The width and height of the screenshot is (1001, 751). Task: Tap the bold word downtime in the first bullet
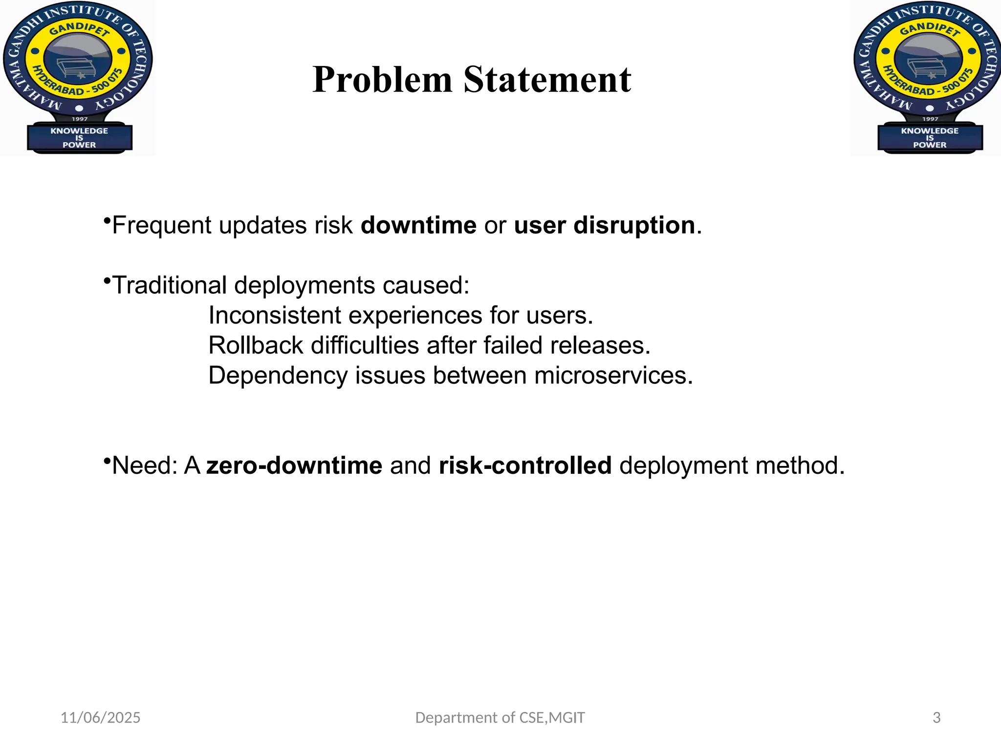tap(418, 225)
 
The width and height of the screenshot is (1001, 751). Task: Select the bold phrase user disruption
tap(605, 225)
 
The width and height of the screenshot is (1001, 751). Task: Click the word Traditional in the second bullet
tap(170, 285)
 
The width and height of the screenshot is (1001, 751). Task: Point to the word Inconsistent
tap(274, 315)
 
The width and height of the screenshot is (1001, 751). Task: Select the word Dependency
tap(277, 376)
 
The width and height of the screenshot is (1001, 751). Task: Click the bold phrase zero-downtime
tap(294, 465)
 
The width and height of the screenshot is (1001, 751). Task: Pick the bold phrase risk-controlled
tap(525, 465)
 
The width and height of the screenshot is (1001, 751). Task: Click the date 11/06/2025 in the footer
tap(100, 718)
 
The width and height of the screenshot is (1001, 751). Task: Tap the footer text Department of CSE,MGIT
tap(500, 718)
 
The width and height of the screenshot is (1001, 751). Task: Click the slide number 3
tap(936, 718)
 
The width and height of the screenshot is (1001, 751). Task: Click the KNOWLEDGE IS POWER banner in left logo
tap(79, 138)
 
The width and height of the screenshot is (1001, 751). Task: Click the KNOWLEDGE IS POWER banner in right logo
tap(930, 138)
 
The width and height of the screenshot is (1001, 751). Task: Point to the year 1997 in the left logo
tap(80, 119)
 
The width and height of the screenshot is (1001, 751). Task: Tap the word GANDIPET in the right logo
tap(930, 29)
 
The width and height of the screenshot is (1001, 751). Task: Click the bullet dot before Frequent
tap(106, 221)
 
